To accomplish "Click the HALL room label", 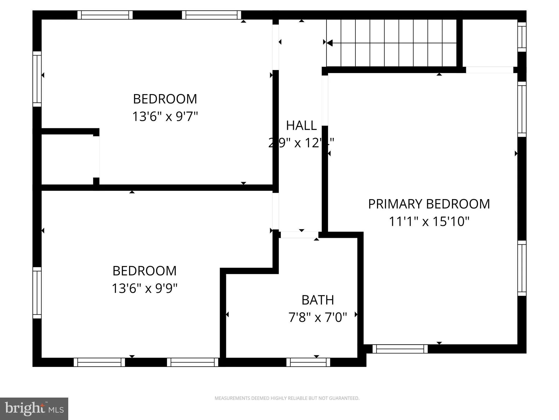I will pos(301,126).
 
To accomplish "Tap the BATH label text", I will pos(318,300).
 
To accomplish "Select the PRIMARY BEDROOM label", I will pos(429,204).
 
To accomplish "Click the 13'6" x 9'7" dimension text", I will pos(165,116).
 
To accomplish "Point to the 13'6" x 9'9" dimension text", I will pos(145,288).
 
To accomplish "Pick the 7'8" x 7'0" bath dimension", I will pos(318,317).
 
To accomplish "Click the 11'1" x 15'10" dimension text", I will pos(429,221).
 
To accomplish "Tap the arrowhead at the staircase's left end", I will pos(329,43).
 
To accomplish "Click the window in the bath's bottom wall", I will pos(308,362).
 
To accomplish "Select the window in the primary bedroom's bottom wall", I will pos(400,349).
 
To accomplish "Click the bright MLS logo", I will pos(34,409).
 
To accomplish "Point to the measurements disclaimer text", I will pos(287,398).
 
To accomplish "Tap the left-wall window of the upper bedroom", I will pos(37,79).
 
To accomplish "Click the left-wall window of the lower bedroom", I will pos(37,293).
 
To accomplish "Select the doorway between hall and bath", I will pos(299,235).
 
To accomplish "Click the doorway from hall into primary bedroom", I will pos(325,100).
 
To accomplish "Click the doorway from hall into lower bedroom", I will pos(276,211).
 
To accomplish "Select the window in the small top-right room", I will pos(522,37).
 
